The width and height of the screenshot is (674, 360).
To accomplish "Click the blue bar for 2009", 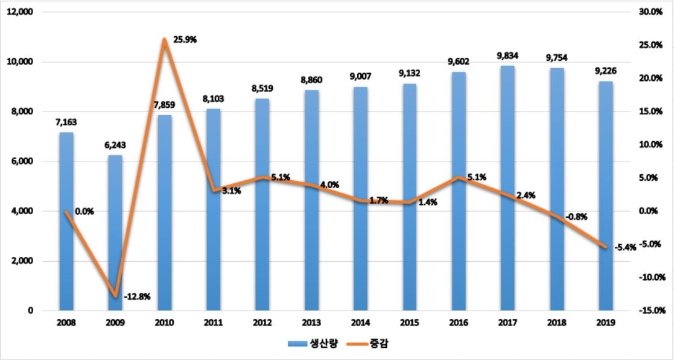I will [115, 235].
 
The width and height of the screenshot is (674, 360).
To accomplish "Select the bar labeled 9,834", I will [508, 187].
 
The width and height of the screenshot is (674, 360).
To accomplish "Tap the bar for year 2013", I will [312, 199].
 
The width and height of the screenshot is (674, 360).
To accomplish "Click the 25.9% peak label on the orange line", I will [185, 40].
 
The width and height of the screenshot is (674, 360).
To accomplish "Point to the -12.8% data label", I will [137, 297].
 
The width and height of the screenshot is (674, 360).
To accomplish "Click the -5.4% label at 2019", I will [625, 247].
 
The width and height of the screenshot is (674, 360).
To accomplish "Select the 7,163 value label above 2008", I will [66, 122].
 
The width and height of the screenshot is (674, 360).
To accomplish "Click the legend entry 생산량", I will [311, 344].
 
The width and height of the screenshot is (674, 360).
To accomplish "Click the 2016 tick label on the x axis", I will [459, 323].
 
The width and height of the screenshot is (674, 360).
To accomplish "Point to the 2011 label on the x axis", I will [213, 323].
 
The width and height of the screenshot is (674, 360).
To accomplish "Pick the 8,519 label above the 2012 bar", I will [262, 89].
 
